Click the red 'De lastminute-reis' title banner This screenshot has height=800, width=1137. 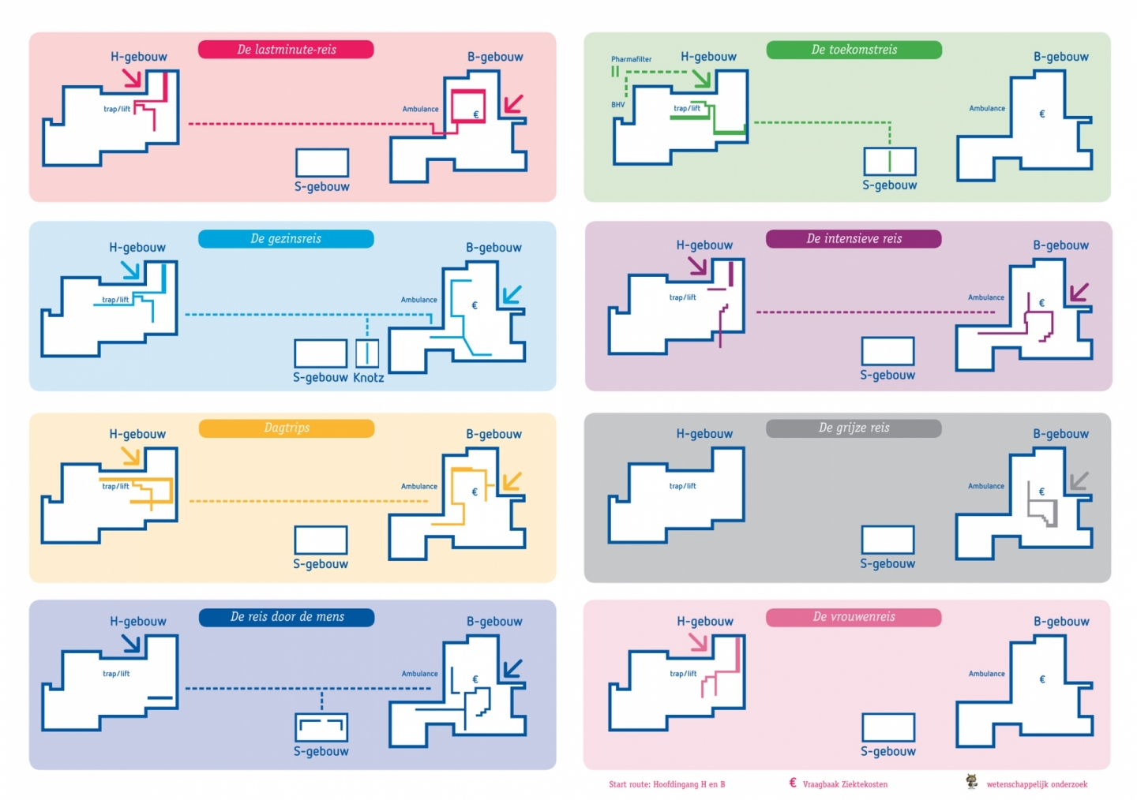pos(286,50)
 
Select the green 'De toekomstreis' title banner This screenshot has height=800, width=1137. pos(854,50)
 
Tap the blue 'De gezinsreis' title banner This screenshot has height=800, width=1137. pos(286,239)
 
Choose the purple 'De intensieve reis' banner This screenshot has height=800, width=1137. pos(854,239)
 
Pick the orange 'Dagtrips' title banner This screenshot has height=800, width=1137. pos(286,428)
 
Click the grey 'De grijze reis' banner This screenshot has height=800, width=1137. pos(854,428)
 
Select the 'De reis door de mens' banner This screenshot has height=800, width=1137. pos(286,617)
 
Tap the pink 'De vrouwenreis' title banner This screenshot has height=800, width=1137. pos(854,617)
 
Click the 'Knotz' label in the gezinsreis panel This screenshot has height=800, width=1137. pos(368,378)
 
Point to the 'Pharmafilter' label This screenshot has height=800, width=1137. pos(631,59)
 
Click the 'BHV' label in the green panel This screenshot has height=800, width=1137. pos(617,105)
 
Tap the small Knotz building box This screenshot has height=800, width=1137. pos(367,353)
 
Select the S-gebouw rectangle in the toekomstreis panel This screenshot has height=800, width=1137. pos(890,161)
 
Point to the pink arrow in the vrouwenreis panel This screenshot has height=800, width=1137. pos(698,642)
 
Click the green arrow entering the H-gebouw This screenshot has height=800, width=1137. pos(701,78)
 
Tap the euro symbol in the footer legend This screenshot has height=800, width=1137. pos(793,783)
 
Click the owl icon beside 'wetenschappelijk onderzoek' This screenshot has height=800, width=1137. pos(972,782)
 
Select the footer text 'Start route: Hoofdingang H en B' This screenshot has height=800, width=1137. pos(666,785)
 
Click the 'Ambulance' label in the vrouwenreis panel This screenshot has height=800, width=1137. pos(987,674)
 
